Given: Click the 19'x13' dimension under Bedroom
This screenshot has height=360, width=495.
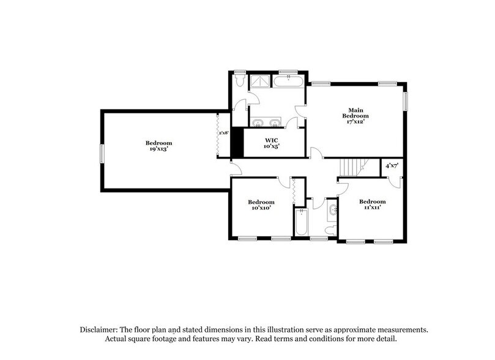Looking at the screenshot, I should pyautogui.click(x=158, y=149).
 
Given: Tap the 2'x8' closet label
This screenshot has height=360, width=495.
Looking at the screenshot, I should pyautogui.click(x=224, y=132).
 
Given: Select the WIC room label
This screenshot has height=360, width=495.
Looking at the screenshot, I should pyautogui.click(x=272, y=140).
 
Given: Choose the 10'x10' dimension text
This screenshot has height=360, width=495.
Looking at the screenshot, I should pyautogui.click(x=261, y=208).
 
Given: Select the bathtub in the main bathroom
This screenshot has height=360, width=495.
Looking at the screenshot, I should pyautogui.click(x=289, y=81).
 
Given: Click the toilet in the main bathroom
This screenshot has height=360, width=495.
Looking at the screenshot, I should pyautogui.click(x=240, y=80).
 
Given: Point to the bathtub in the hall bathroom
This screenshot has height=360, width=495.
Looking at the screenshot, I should pyautogui.click(x=301, y=222).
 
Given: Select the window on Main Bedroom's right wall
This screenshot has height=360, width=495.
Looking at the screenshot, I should pyautogui.click(x=404, y=102).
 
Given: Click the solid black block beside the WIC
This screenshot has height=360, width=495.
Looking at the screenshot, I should pyautogui.click(x=237, y=143).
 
